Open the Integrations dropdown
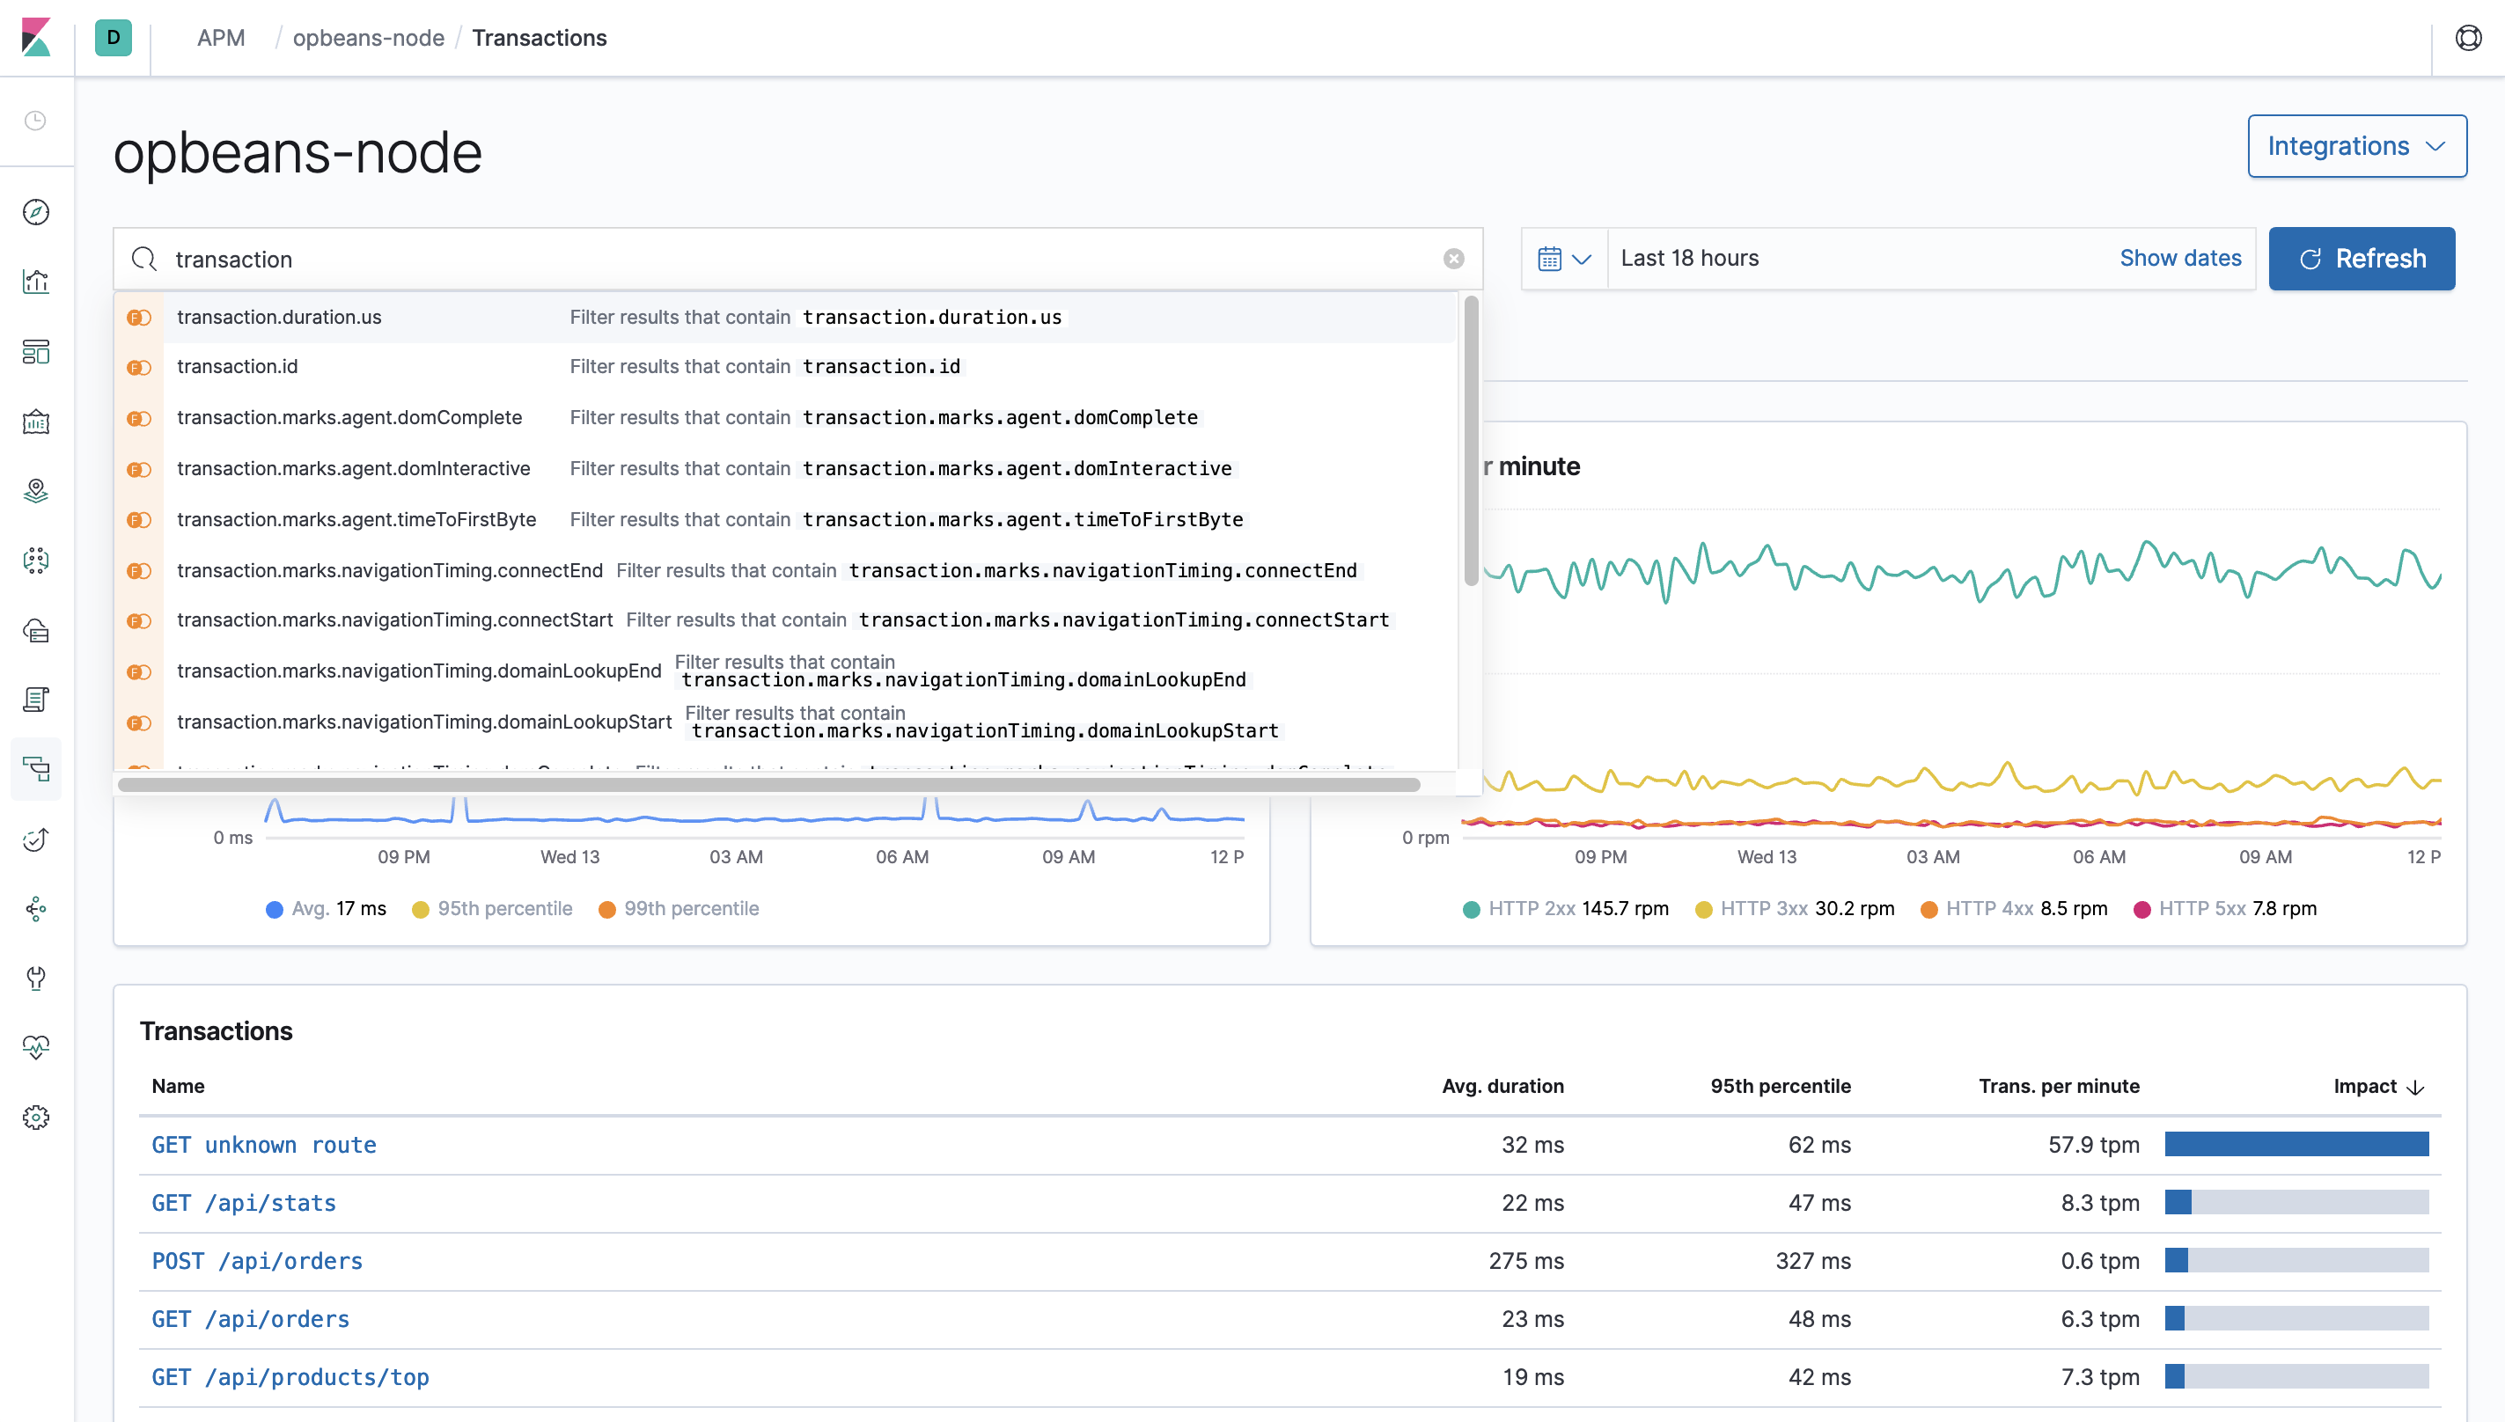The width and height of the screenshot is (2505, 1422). (2355, 146)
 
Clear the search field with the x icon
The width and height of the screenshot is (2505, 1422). (1453, 259)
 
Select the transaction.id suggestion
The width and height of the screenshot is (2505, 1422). (238, 366)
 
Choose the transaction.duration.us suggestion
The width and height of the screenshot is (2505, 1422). (279, 318)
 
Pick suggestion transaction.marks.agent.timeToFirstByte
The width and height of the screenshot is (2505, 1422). (356, 519)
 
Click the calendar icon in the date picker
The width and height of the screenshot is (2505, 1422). (1550, 259)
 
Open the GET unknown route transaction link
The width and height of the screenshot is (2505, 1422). (264, 1145)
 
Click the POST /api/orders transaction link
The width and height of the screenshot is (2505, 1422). (257, 1261)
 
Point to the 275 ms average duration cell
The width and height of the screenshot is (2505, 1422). (1525, 1261)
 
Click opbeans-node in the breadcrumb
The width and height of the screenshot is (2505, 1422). (368, 38)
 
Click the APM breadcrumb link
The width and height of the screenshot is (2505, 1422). (221, 38)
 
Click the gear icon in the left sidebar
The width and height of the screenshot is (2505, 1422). (36, 1118)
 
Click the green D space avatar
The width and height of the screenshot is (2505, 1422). (114, 38)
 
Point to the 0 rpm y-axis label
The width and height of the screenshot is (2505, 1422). (1425, 837)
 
